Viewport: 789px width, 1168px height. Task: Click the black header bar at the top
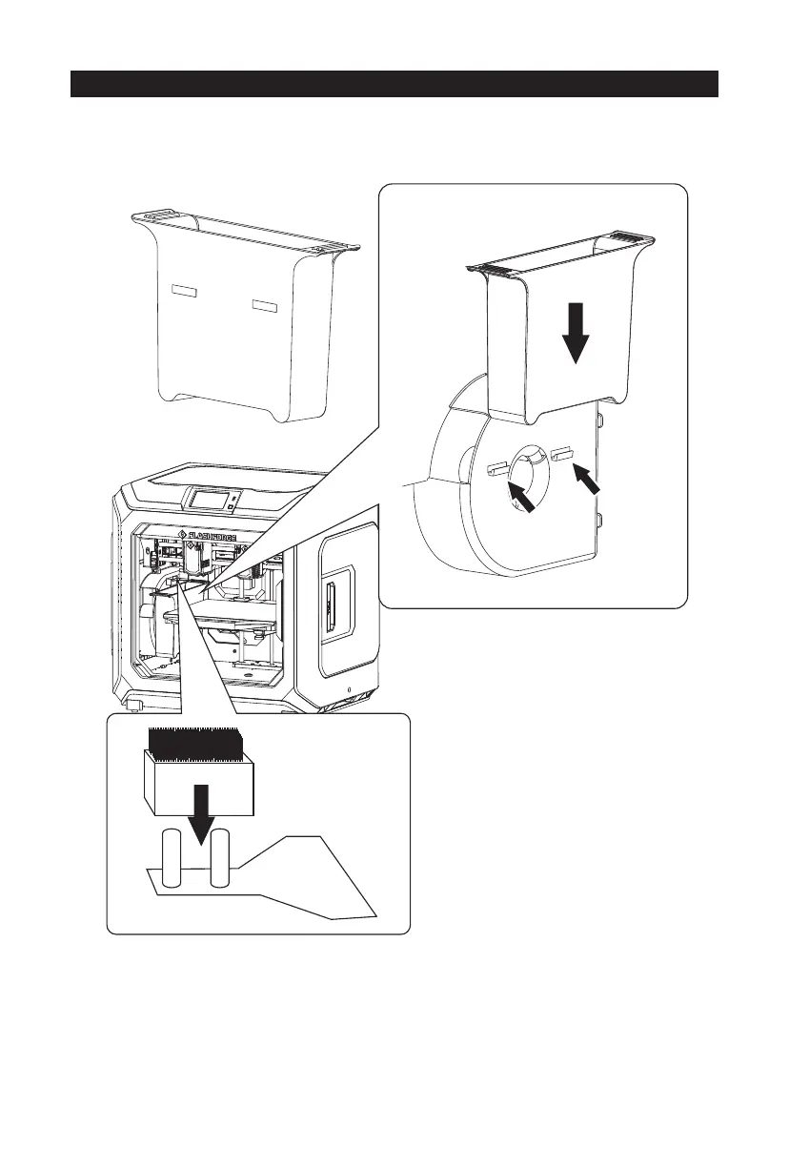coord(394,83)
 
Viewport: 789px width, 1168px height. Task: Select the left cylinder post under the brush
coord(173,859)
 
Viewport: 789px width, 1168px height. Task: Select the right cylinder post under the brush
coord(221,859)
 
